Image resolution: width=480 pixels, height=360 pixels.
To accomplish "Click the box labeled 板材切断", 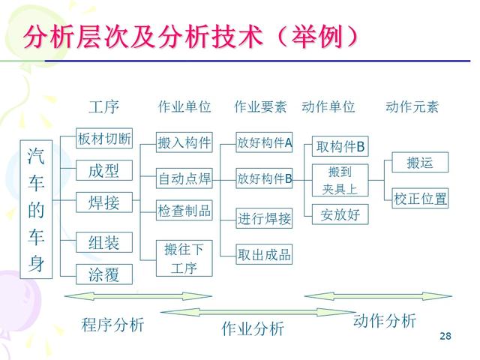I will click(104, 139).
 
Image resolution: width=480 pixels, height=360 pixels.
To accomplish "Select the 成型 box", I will click(104, 171).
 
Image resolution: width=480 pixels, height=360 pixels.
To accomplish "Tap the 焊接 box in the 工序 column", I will click(104, 202).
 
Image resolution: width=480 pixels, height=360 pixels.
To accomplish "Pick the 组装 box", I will click(104, 242).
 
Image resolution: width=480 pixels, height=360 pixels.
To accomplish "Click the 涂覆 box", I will click(104, 274).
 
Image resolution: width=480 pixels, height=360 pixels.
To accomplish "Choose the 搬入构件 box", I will click(184, 142).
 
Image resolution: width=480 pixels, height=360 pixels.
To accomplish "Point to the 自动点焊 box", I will click(184, 179).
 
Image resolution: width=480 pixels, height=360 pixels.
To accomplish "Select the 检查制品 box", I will click(184, 211).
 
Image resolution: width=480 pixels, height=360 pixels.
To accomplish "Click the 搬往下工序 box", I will click(184, 258).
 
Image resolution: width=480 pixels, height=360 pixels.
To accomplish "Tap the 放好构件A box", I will click(264, 142).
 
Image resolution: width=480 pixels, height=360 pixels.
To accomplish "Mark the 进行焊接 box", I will click(264, 219).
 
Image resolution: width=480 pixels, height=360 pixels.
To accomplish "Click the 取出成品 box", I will click(264, 254).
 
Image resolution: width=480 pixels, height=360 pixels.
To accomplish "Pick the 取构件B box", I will click(340, 146).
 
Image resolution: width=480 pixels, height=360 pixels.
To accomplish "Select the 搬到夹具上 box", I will click(340, 180).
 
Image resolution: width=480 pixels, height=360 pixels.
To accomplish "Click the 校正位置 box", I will click(420, 199).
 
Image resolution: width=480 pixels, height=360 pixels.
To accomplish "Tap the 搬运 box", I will click(420, 162).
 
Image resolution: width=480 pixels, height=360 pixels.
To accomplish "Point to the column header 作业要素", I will click(260, 106).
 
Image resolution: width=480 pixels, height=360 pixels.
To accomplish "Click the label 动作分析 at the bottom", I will click(384, 321).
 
